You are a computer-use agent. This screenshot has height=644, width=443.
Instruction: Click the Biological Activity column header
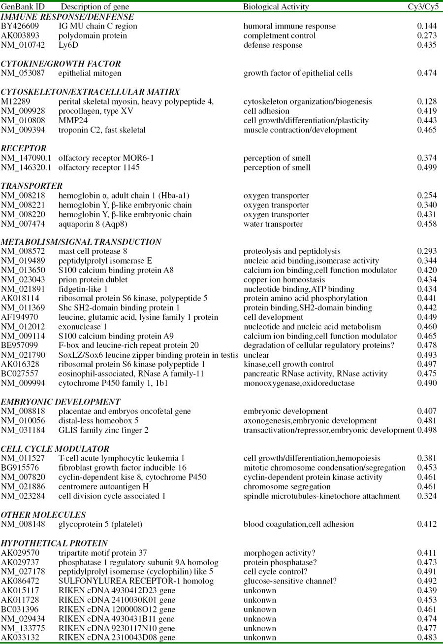coord(276,7)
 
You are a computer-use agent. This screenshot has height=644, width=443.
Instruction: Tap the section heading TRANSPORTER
coord(32,186)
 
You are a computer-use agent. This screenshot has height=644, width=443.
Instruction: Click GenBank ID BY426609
coord(21,26)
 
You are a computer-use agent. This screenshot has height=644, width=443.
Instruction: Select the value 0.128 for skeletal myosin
coord(427,102)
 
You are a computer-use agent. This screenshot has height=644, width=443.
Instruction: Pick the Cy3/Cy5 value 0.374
coord(427,158)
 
